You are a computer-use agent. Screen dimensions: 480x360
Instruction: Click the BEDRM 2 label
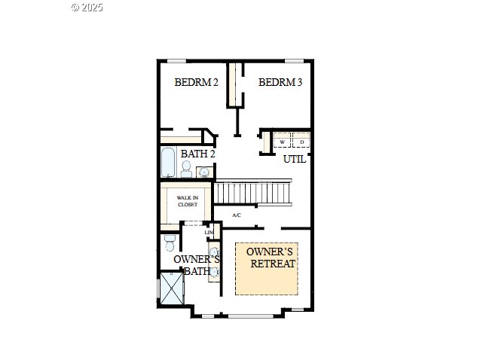pyautogui.click(x=196, y=82)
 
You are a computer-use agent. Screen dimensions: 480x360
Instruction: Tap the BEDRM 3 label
pyautogui.click(x=280, y=82)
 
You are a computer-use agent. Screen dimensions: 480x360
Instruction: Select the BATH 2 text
pyautogui.click(x=197, y=154)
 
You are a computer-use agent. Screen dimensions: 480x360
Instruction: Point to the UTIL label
pyautogui.click(x=295, y=159)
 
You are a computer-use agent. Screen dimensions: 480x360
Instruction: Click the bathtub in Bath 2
pyautogui.click(x=168, y=163)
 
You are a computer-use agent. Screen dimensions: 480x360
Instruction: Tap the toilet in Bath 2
pyautogui.click(x=186, y=169)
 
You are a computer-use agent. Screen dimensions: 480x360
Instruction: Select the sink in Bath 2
pyautogui.click(x=204, y=172)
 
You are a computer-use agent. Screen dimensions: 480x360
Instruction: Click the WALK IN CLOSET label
pyautogui.click(x=188, y=201)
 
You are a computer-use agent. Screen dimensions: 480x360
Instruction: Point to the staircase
pyautogui.click(x=252, y=192)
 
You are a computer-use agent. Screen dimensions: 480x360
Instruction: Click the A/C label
pyautogui.click(x=237, y=215)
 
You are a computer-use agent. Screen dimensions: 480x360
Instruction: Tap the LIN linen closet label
pyautogui.click(x=209, y=233)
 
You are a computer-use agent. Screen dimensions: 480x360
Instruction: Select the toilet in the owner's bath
pyautogui.click(x=170, y=243)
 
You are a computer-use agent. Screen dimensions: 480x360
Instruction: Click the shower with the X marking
pyautogui.click(x=172, y=288)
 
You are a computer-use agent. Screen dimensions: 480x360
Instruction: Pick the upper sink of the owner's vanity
pyautogui.click(x=215, y=252)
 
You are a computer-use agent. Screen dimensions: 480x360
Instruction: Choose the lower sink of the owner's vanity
pyautogui.click(x=215, y=271)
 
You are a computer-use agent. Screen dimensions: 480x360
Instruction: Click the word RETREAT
pyautogui.click(x=273, y=264)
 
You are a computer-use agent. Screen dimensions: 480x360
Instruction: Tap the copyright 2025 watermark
pyautogui.click(x=87, y=8)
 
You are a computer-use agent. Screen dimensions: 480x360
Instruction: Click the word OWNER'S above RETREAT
pyautogui.click(x=270, y=252)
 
